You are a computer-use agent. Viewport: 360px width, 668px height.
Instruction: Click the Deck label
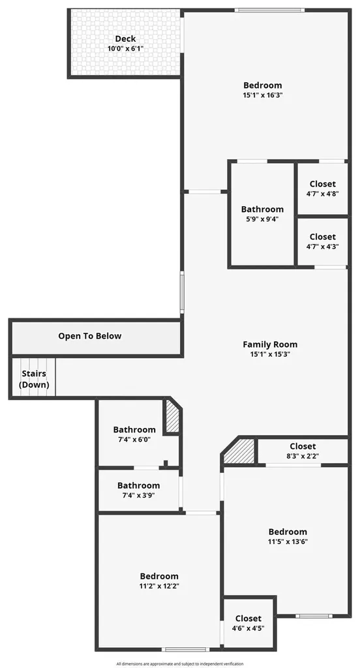tap(125, 39)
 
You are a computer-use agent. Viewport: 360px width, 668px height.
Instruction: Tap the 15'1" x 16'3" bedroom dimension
tap(263, 95)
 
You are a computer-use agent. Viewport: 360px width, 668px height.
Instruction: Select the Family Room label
tap(270, 344)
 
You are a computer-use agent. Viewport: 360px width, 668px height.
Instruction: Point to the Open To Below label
tap(90, 336)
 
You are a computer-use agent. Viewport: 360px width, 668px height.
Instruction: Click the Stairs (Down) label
tap(34, 379)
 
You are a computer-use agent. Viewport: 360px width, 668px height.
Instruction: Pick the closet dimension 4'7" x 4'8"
tap(323, 193)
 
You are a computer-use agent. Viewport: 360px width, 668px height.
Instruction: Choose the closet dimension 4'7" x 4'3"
tap(323, 246)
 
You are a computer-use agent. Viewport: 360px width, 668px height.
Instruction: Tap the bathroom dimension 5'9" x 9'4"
tap(262, 219)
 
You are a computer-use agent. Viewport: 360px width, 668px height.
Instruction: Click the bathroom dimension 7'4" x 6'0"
tap(134, 439)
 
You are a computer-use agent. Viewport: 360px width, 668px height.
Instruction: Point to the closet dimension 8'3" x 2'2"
tap(303, 456)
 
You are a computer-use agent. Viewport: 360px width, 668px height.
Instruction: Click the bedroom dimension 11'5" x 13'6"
tap(288, 542)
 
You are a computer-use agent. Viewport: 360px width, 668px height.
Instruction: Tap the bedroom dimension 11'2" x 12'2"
tap(159, 586)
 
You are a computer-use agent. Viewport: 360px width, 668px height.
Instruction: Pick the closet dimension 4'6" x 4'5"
tap(248, 628)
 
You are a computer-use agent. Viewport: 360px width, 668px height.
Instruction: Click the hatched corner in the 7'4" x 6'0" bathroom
tap(172, 416)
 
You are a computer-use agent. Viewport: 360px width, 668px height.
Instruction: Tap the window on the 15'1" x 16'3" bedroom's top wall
tap(270, 10)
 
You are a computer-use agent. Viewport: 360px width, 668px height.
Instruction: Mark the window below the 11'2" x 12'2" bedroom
tap(185, 649)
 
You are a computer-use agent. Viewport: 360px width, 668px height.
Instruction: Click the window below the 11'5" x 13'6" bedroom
tap(314, 616)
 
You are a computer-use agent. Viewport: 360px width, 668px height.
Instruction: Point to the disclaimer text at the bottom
tap(180, 663)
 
